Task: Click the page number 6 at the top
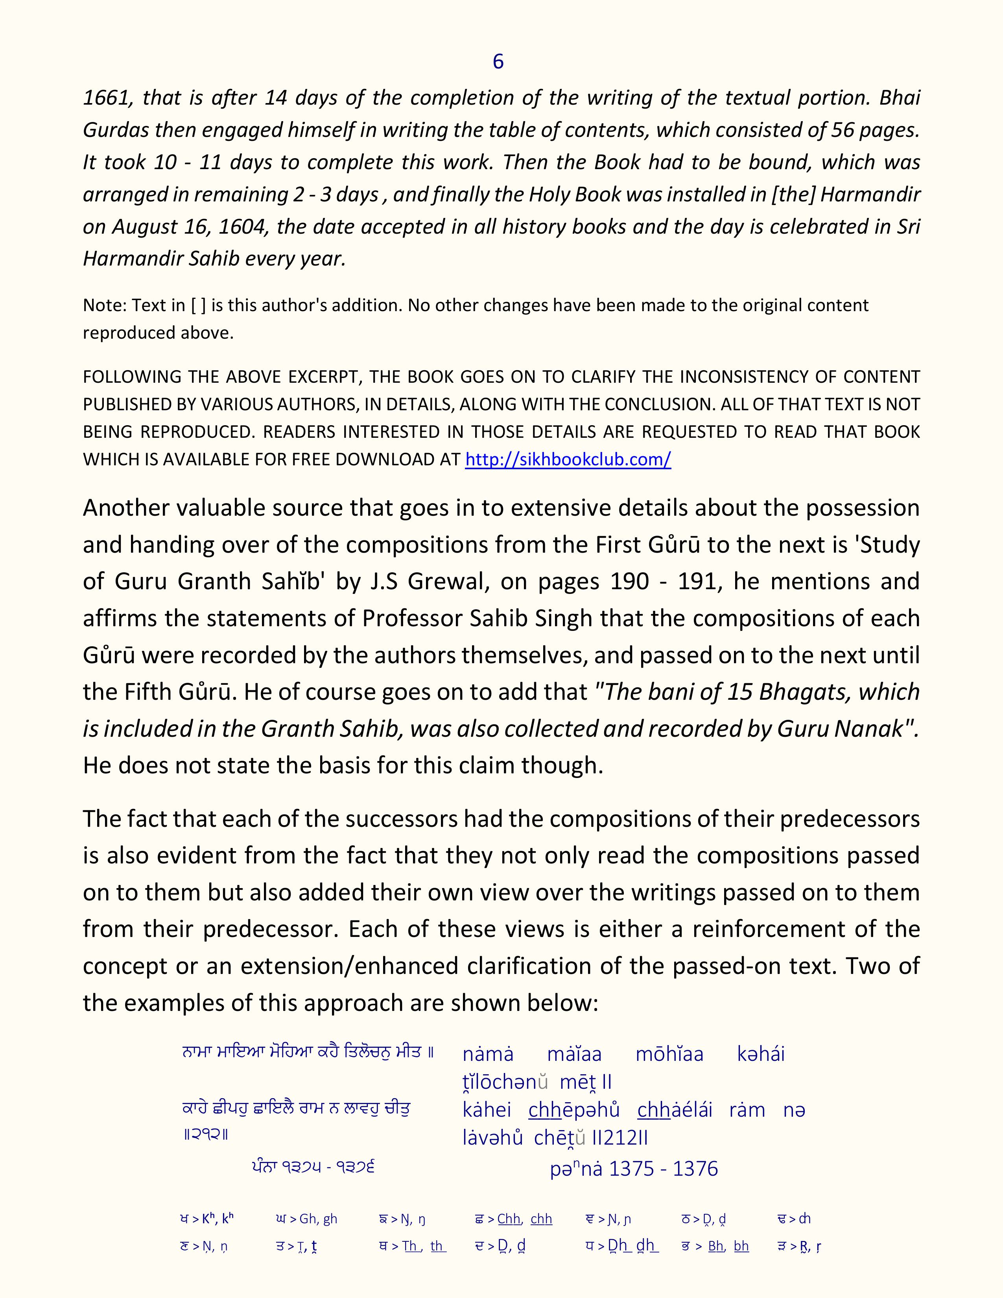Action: click(498, 61)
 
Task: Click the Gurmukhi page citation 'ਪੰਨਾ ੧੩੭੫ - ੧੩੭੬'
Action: click(313, 1167)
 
